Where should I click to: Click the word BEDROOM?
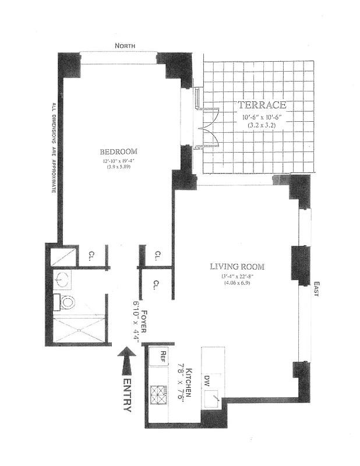tap(118, 151)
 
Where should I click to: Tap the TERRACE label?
tap(262, 105)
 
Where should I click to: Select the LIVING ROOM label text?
tap(237, 267)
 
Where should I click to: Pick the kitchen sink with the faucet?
tap(212, 398)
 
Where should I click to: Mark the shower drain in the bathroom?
tap(77, 330)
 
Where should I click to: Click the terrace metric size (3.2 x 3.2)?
tap(262, 125)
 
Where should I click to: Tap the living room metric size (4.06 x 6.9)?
tap(237, 283)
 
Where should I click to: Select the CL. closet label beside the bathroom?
tap(92, 255)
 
